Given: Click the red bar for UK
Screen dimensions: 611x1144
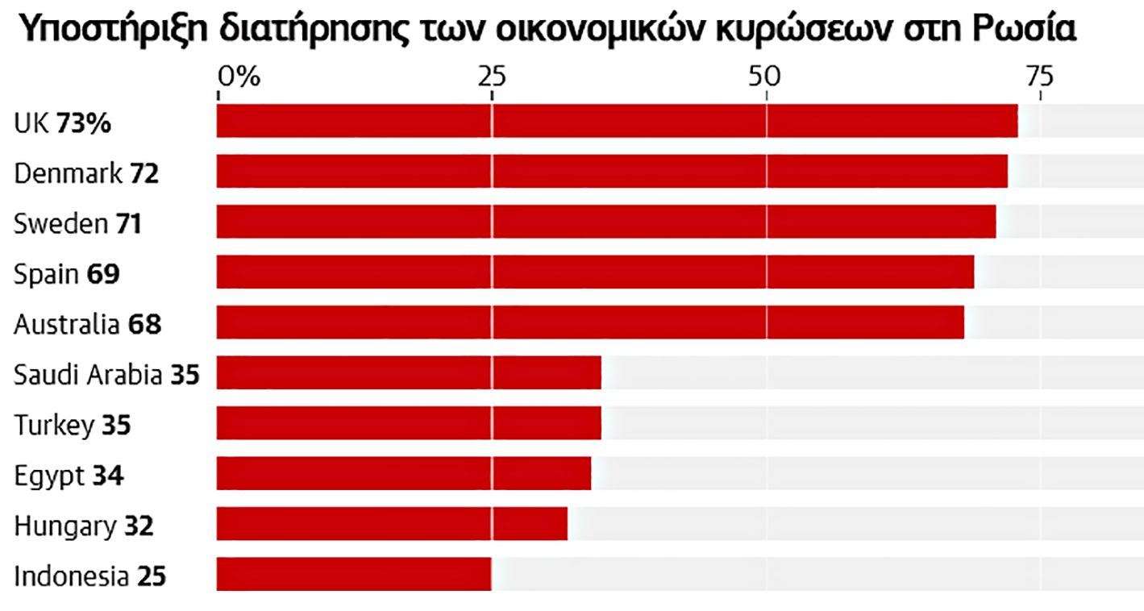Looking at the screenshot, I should [617, 121].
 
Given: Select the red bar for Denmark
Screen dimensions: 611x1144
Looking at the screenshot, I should [612, 171].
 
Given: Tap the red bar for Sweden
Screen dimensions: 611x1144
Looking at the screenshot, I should [606, 222].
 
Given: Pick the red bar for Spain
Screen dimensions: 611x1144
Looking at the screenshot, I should [595, 272].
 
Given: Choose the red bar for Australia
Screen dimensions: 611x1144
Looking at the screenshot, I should [590, 322].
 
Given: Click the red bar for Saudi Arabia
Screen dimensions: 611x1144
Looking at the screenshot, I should [409, 372].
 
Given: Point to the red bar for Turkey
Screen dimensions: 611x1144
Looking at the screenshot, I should [409, 422].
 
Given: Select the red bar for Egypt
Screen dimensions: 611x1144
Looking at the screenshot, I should [404, 473].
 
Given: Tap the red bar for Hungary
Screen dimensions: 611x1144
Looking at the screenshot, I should [392, 523].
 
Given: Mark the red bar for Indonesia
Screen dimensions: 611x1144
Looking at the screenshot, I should [354, 574].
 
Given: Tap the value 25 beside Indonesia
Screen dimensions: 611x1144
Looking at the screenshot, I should [152, 576].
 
